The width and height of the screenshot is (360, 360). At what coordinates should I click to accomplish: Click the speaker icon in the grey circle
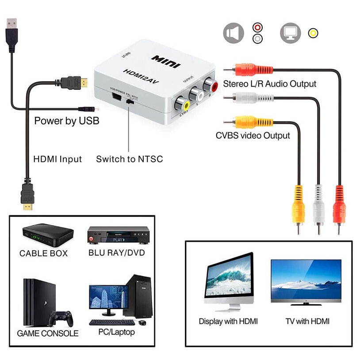[x=234, y=33]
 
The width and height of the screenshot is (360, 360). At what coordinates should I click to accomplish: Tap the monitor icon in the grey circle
[x=291, y=33]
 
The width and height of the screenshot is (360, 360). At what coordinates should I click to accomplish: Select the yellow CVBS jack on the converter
[x=182, y=105]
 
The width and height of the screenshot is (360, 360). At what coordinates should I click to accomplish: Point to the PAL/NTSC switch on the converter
[x=130, y=101]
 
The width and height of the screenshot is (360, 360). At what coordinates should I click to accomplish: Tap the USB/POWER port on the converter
[x=116, y=96]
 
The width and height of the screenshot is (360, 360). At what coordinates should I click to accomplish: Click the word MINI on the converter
[x=166, y=61]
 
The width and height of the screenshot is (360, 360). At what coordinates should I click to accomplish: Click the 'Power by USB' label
[x=67, y=121]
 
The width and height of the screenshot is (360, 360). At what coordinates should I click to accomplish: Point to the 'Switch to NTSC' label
[x=130, y=159]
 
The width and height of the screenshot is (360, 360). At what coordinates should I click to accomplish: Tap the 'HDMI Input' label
[x=57, y=159]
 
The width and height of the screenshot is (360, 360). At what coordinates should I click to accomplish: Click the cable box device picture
[x=47, y=235]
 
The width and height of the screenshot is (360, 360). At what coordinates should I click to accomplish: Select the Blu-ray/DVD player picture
[x=118, y=235]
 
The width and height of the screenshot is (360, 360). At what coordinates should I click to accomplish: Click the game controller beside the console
[x=61, y=318]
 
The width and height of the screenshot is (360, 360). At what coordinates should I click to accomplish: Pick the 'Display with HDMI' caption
[x=228, y=321]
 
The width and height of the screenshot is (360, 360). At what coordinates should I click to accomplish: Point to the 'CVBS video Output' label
[x=253, y=135]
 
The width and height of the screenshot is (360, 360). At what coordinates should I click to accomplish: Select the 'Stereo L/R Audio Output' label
[x=269, y=84]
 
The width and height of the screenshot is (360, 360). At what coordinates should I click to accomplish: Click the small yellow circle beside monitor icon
[x=313, y=33]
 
